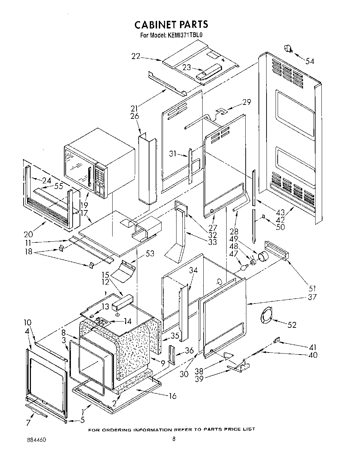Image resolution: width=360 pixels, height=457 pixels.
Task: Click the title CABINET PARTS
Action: click(x=171, y=24)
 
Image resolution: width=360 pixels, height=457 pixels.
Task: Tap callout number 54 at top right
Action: click(x=310, y=61)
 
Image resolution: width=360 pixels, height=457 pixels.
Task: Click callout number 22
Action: click(x=136, y=56)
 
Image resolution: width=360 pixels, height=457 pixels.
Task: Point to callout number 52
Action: click(x=292, y=325)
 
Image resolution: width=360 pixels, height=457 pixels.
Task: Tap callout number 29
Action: click(x=246, y=102)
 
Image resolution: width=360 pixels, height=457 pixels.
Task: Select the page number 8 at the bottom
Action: click(x=173, y=439)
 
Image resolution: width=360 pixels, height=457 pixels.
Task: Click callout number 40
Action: click(x=313, y=355)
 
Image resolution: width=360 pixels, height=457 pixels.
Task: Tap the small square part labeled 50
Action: click(x=263, y=217)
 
